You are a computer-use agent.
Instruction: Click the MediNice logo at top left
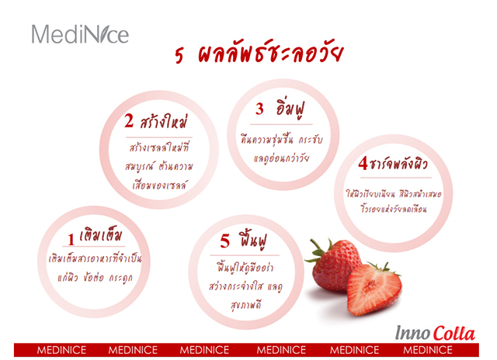(x=80, y=34)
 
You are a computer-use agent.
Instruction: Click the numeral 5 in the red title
(x=179, y=55)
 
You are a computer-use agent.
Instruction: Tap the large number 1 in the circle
(x=71, y=239)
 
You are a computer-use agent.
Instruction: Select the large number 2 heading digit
(x=129, y=120)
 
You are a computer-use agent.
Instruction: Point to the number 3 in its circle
(x=259, y=109)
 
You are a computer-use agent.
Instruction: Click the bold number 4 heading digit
(x=363, y=164)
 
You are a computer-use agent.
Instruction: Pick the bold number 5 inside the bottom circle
(x=224, y=241)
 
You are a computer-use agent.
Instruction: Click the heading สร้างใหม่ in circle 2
(x=164, y=120)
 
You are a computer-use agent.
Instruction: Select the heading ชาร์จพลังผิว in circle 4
(x=398, y=164)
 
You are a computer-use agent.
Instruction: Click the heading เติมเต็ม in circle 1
(x=100, y=234)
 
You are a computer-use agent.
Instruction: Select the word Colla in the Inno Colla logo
(x=454, y=334)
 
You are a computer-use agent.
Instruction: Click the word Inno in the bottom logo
(x=412, y=333)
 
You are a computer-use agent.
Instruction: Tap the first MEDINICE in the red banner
(x=61, y=350)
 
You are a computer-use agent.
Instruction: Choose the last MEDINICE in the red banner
(x=428, y=350)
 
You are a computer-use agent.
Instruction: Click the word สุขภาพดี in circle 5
(x=246, y=305)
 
